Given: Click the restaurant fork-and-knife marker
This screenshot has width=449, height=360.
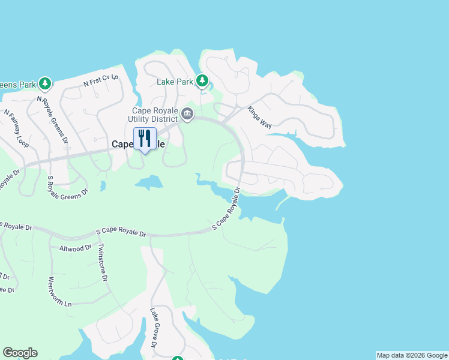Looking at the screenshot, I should click(x=145, y=139).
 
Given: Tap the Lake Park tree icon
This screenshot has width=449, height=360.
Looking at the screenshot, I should click(x=202, y=80).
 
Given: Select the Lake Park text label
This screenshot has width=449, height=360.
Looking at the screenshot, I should click(x=175, y=82).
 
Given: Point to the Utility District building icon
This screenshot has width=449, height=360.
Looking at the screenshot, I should click(x=187, y=114).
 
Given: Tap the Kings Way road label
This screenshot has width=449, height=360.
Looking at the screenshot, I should click(x=260, y=116).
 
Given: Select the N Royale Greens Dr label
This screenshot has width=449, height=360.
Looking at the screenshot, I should click(x=53, y=119).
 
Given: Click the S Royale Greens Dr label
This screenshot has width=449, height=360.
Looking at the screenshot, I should click(x=68, y=184).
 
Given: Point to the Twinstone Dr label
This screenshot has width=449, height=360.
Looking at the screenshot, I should click(x=103, y=262).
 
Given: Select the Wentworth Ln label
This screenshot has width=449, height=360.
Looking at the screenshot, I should click(x=60, y=292).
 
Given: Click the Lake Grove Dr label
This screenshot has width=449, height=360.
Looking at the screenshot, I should click(x=154, y=328).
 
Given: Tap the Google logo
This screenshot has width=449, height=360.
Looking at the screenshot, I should click(x=20, y=353).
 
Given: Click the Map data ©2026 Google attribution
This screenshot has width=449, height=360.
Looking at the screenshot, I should click(x=412, y=355).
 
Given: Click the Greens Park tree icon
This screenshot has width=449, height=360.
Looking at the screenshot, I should click(x=44, y=83).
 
